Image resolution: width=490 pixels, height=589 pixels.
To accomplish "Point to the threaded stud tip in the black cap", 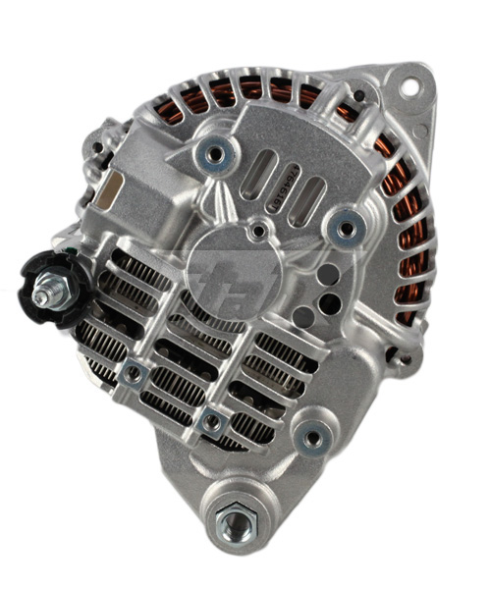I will coord(45,294).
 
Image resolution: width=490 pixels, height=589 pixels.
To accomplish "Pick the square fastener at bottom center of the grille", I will coord(208,422).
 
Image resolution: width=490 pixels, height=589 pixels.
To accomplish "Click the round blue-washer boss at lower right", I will coord(313,439).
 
